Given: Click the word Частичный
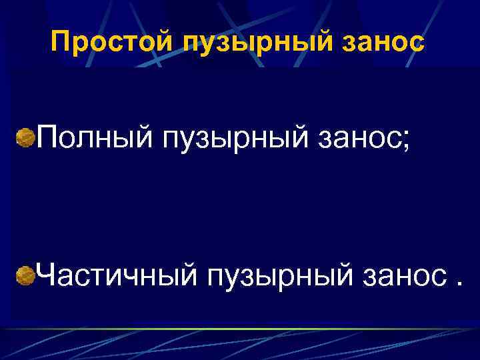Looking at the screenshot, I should pos(117,273).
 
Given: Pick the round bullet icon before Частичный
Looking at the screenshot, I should pos(26,274).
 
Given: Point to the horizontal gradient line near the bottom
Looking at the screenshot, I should pos(240,329).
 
